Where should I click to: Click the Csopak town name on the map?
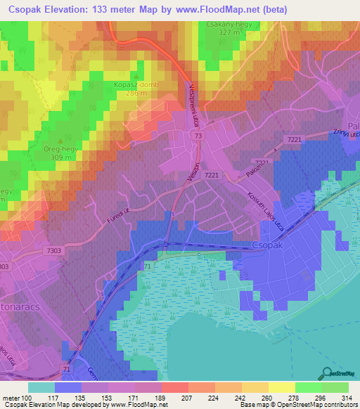pos(268,245)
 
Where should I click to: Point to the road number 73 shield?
pos(199,135)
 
